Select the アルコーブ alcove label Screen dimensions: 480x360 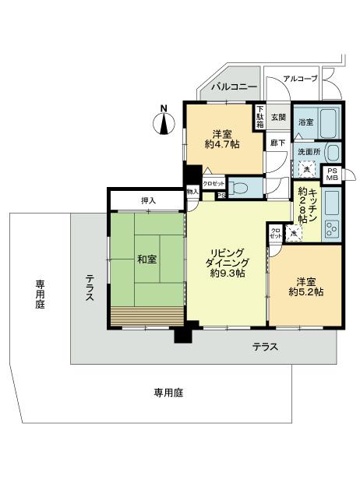tap(299, 79)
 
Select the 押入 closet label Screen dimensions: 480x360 tap(148, 201)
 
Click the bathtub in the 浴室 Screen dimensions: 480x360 tap(329, 122)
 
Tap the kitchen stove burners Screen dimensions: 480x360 tap(330, 228)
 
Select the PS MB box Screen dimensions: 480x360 tap(332, 175)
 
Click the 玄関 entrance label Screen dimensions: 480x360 tap(278, 118)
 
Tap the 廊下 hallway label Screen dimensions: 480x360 tap(276, 143)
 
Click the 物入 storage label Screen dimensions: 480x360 tap(192, 191)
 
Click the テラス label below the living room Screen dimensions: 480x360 tap(265, 347)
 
